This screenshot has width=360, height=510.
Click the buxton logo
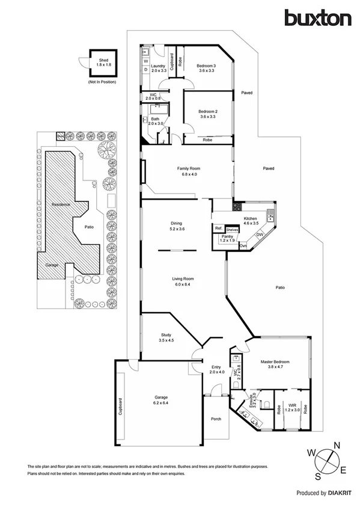(318, 18)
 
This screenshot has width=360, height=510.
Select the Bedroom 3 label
(207, 66)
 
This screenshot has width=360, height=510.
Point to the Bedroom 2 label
(207, 112)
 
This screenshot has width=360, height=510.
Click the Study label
(166, 335)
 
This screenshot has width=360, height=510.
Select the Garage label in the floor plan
(160, 398)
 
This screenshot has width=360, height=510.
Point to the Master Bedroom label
(275, 362)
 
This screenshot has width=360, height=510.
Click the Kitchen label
(250, 218)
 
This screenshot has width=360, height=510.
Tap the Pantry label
(227, 237)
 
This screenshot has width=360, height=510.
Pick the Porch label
(215, 419)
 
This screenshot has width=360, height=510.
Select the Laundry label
(158, 66)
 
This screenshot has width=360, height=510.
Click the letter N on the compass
(338, 446)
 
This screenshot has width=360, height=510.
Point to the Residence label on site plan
(60, 205)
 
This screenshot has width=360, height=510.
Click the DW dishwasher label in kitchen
(260, 234)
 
